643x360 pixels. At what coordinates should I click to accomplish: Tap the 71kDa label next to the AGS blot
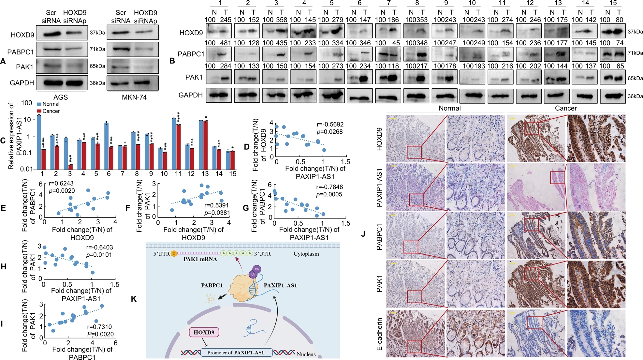tap(97, 49)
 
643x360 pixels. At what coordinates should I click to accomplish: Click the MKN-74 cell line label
tap(134, 97)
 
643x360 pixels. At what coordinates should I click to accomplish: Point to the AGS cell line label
tap(61, 97)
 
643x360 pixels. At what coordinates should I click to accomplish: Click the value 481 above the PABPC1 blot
tap(226, 43)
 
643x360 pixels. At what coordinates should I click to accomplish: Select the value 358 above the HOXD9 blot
tap(282, 20)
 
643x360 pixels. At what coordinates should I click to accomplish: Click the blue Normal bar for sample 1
tap(39, 142)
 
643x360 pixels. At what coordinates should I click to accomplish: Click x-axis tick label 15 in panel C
tap(233, 174)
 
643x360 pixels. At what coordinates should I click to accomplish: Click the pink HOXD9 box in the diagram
tap(204, 333)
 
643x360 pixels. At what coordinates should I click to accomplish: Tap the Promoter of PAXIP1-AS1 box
tap(236, 352)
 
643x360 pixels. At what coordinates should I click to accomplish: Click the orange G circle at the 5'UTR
tap(174, 254)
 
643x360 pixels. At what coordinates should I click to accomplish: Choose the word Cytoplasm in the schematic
tap(306, 254)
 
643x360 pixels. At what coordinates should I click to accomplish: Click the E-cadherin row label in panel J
tap(379, 334)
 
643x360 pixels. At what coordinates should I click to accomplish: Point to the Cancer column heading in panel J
tap(566, 108)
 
